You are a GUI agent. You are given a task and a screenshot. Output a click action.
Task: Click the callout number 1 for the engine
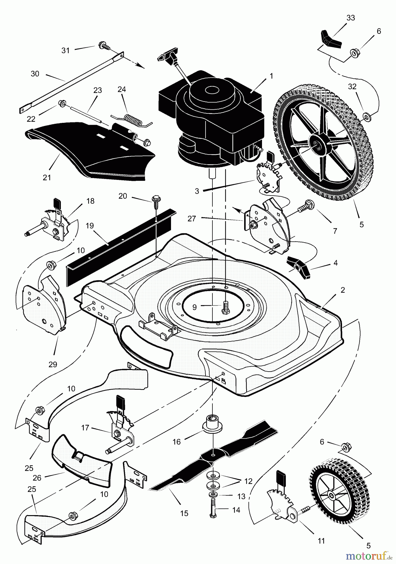click(271, 76)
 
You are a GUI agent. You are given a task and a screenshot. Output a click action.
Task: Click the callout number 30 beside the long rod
click(35, 74)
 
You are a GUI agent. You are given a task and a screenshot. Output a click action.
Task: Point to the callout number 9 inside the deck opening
click(195, 307)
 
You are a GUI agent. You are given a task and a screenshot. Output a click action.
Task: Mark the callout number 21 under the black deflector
click(47, 178)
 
